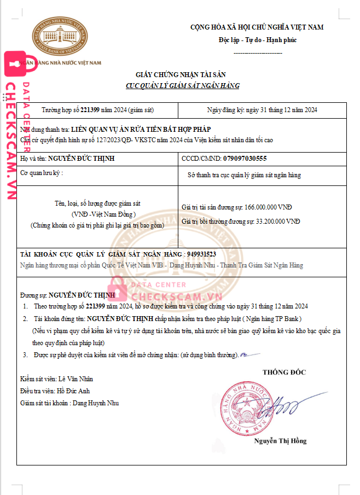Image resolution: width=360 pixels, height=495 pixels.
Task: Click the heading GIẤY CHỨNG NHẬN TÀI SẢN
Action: click(x=181, y=74)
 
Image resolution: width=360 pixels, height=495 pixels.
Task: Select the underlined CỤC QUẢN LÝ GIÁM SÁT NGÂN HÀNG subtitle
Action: click(x=182, y=86)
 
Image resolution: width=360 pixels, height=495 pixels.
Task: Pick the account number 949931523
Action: click(x=201, y=254)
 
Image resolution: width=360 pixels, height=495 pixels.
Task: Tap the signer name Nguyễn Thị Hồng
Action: click(x=280, y=441)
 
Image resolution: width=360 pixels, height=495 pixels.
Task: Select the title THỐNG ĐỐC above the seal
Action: click(x=284, y=372)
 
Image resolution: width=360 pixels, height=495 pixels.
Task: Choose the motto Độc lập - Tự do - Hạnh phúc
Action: click(x=257, y=40)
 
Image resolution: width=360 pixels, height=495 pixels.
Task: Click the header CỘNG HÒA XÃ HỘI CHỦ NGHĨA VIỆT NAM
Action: click(x=257, y=27)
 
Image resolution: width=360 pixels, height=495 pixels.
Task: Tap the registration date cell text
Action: click(x=262, y=110)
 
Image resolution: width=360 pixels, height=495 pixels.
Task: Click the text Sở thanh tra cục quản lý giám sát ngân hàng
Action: click(x=244, y=175)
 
